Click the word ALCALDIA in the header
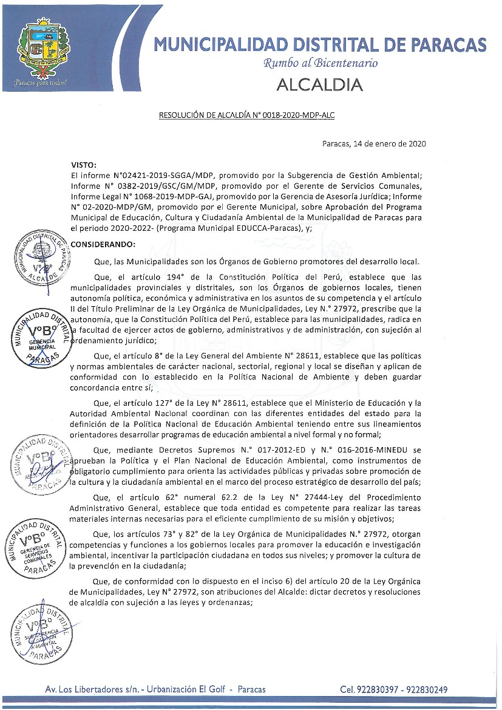coord(320,84)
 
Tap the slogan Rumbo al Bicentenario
coord(320,63)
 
